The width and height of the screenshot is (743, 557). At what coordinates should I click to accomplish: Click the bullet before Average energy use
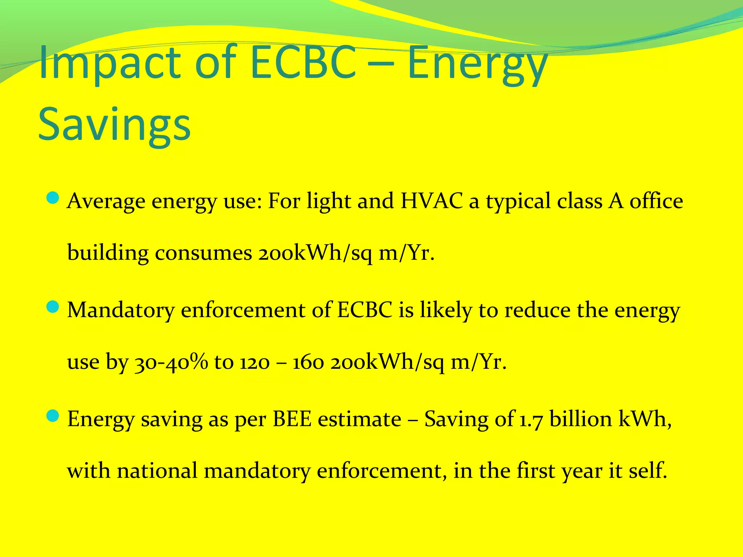pos(53,198)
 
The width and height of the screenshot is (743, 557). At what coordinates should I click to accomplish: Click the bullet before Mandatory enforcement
pos(53,307)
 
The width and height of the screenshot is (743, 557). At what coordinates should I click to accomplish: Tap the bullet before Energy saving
pos(53,416)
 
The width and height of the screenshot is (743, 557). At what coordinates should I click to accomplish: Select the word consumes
pos(203,253)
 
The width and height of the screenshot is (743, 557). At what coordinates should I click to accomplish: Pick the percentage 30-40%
pos(171,362)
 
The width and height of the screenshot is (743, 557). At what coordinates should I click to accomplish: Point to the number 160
pos(308,362)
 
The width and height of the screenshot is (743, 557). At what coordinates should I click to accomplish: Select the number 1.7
pos(531,420)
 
